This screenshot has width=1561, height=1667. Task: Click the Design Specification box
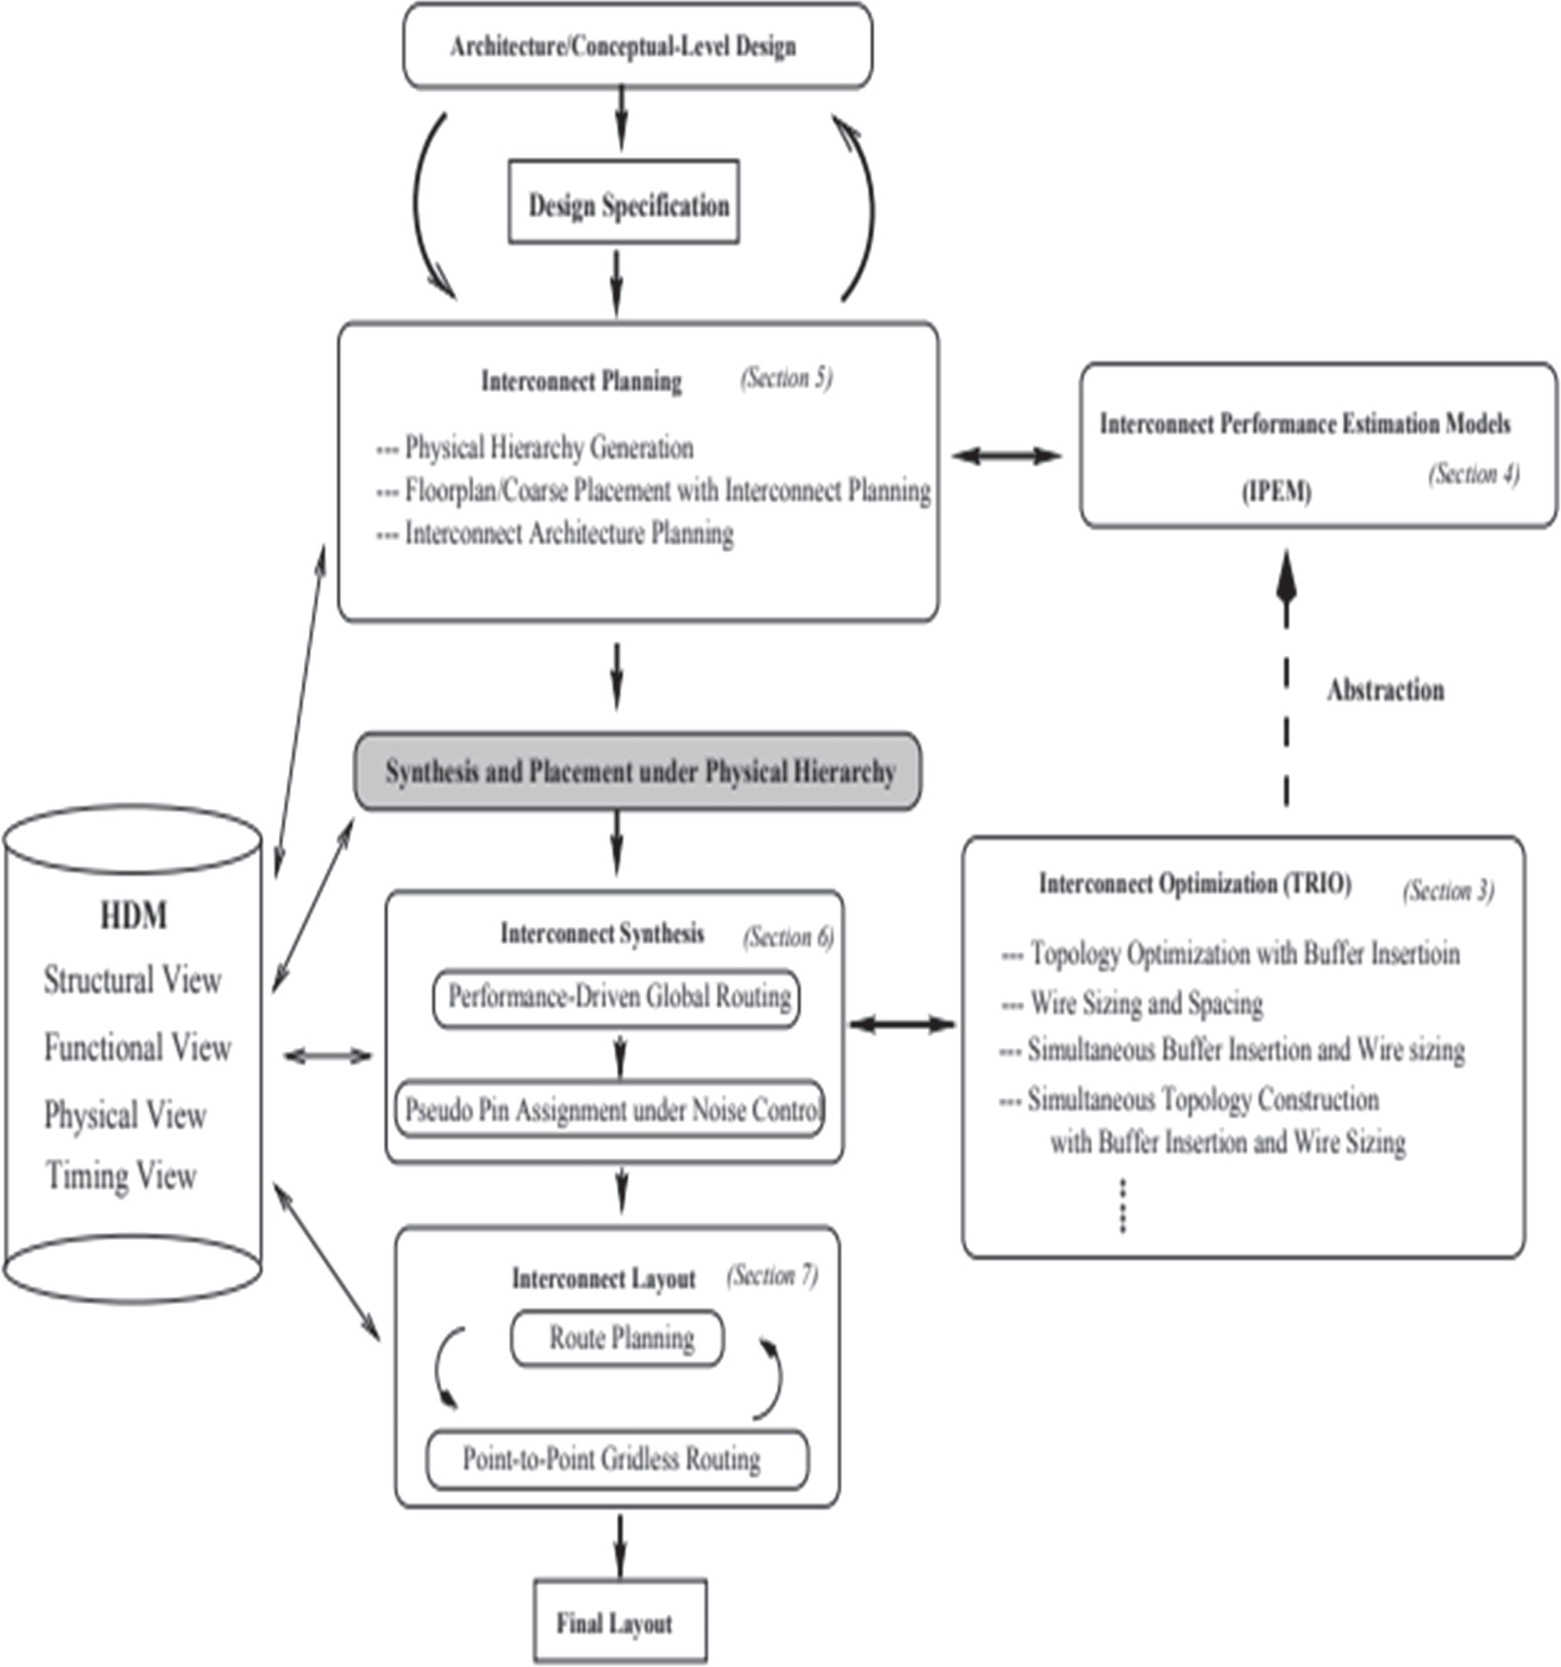[624, 201]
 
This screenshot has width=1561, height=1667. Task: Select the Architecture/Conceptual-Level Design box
[638, 46]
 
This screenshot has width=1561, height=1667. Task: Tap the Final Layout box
[620, 1621]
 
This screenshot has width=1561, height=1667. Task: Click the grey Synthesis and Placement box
[637, 771]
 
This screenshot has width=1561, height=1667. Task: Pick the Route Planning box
[617, 1339]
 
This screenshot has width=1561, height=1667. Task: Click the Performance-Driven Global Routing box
[616, 998]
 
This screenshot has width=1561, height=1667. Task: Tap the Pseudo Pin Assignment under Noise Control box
[610, 1109]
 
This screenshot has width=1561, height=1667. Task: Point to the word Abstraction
[1385, 689]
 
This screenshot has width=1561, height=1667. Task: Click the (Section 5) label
[786, 378]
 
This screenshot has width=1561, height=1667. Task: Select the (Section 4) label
[1474, 474]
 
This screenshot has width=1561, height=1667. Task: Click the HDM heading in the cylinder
[134, 916]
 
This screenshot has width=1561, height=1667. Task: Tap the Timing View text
[121, 1175]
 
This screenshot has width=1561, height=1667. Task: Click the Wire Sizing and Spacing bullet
[1132, 1003]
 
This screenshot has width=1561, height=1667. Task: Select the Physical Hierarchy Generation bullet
[535, 448]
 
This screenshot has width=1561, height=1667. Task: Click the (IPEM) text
[1276, 492]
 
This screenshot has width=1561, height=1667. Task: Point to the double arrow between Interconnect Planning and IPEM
[1006, 456]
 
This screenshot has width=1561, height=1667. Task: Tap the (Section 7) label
[772, 1276]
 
